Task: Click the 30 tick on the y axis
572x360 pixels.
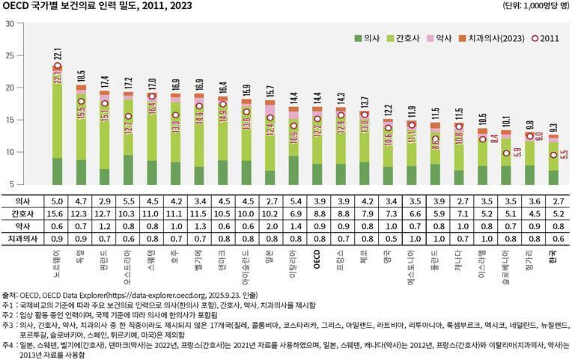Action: point(10,23)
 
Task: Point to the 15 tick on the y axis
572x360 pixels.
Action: point(10,120)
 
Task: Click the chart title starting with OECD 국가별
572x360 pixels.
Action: point(97,7)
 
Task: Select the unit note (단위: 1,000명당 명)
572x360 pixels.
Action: point(535,7)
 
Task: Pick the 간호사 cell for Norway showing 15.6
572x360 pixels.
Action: point(58,213)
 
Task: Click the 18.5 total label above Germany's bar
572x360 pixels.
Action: point(81,76)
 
